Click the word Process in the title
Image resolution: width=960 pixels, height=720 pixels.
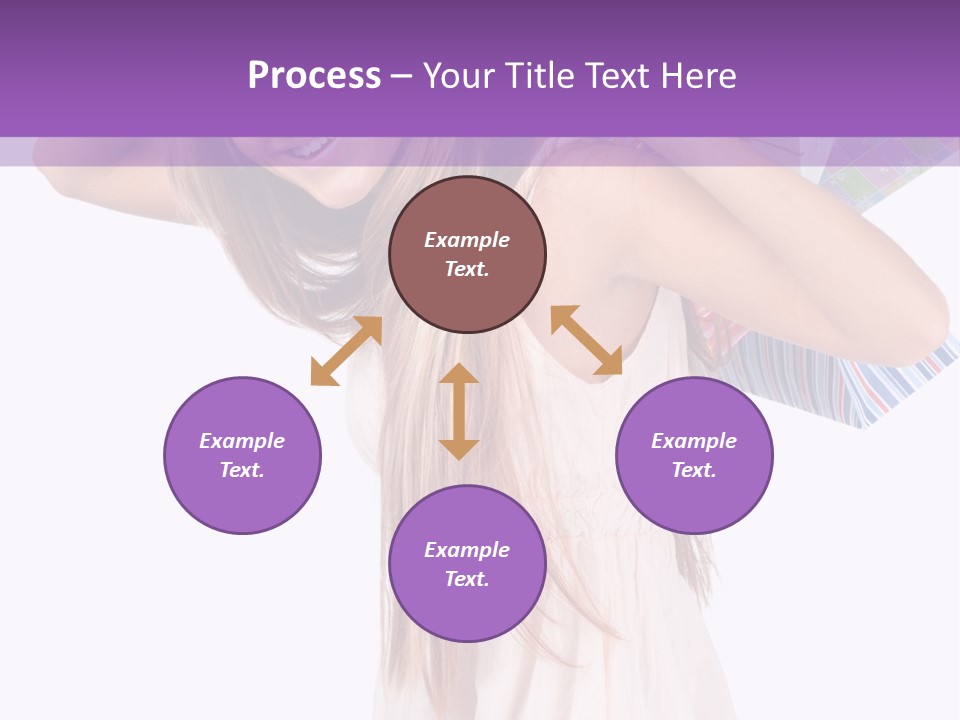click(314, 76)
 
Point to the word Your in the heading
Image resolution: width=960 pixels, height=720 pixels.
click(458, 76)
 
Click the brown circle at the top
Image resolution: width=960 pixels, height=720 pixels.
click(467, 255)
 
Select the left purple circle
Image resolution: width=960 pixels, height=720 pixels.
click(242, 455)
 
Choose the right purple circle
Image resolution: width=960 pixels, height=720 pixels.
click(694, 455)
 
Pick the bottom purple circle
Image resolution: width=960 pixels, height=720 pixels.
click(467, 564)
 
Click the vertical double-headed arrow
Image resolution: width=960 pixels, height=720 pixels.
click(459, 412)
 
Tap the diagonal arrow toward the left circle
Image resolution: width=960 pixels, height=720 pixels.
click(346, 351)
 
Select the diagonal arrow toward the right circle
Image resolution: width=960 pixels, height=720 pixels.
click(587, 340)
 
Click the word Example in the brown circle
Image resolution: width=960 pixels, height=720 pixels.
click(467, 240)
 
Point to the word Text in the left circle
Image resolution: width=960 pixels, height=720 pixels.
click(242, 470)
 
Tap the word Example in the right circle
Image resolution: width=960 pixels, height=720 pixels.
click(694, 441)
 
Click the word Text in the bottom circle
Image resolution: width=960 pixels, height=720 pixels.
click(467, 579)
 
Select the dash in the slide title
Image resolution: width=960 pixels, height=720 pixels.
click(401, 76)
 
